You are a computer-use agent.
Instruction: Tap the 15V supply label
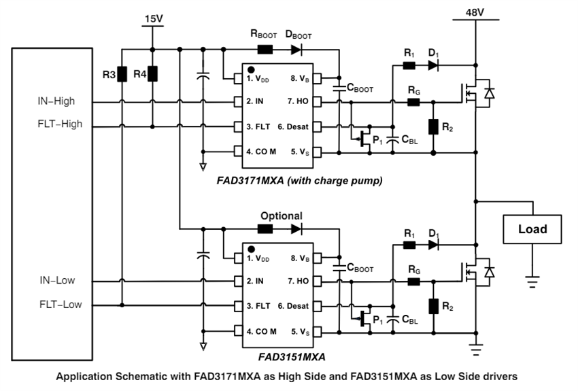(154, 18)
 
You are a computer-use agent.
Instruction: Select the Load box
(532, 229)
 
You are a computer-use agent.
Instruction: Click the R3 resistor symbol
(122, 73)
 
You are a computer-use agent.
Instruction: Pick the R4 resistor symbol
(152, 73)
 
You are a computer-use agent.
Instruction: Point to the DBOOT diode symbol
(296, 50)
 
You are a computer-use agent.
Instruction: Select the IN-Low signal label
(56, 280)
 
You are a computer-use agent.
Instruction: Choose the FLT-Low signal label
(59, 305)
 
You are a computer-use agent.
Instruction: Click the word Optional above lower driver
(282, 216)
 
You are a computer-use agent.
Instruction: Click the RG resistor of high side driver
(413, 103)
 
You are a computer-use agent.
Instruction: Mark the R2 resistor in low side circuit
(433, 307)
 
